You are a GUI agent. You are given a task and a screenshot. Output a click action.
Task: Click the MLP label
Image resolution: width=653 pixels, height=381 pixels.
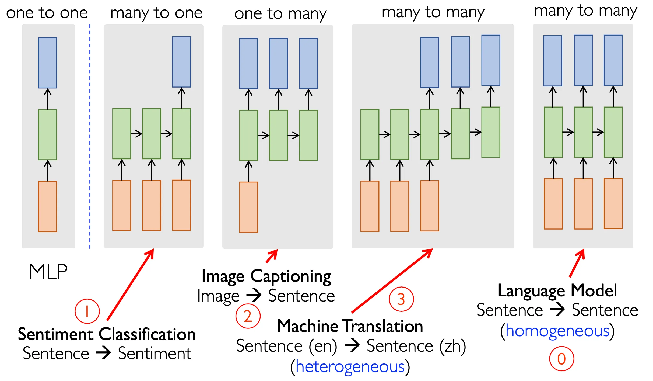pos(48,272)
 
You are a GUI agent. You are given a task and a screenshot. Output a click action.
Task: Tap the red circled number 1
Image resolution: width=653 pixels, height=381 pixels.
pos(87,311)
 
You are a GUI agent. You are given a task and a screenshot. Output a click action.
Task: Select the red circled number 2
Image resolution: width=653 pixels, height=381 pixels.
pos(248,316)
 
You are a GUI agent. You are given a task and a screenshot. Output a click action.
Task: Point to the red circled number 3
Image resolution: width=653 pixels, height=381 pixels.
pos(401,299)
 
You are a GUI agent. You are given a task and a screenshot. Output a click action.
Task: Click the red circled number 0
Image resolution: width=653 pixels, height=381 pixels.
pos(561,359)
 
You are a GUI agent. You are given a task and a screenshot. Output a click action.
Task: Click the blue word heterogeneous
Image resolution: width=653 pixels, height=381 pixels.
pos(350,367)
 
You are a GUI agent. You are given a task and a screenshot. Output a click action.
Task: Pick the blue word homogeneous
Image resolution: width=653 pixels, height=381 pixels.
pos(557,331)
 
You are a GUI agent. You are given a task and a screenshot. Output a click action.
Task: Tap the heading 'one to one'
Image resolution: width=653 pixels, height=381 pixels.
pos(47,13)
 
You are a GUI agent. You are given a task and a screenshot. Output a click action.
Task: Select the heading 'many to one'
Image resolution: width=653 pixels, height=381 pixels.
pos(156,13)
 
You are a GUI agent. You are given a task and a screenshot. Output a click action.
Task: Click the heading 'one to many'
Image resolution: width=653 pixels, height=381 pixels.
pos(280,14)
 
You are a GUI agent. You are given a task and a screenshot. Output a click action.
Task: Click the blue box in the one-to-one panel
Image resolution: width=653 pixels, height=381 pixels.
pos(48,63)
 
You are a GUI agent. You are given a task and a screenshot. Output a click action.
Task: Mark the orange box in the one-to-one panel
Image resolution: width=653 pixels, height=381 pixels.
pos(48,206)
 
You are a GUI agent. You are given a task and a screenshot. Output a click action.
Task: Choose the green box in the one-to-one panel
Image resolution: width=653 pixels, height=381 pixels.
pos(48,134)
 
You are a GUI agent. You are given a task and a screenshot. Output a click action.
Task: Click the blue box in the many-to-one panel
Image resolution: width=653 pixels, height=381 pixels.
pos(182,62)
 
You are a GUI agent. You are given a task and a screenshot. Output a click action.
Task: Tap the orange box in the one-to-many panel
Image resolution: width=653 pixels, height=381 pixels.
pos(248,207)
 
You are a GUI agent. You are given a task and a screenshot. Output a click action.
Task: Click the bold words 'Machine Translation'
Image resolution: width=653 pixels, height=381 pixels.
pos(350,326)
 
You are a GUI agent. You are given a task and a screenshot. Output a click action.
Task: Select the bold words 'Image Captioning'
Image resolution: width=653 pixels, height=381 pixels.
pos(266,276)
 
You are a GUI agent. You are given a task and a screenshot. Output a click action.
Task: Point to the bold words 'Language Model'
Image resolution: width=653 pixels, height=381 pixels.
pos(557,291)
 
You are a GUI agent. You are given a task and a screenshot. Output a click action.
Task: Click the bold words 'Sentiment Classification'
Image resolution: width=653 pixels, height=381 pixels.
pos(107,334)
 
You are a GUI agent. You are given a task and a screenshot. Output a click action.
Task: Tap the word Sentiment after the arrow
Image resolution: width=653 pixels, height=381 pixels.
pos(155,354)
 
